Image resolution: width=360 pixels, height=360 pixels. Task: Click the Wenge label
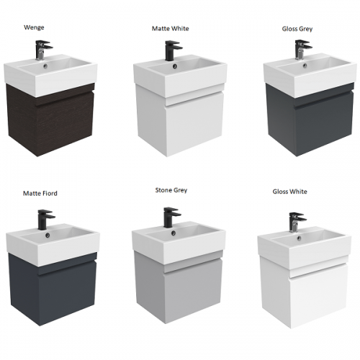click(x=34, y=27)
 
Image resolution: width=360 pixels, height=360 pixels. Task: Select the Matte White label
click(x=171, y=29)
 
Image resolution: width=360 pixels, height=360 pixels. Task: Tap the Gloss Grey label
click(x=297, y=29)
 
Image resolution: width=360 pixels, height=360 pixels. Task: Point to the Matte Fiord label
click(x=40, y=193)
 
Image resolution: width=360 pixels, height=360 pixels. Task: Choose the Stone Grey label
click(x=171, y=190)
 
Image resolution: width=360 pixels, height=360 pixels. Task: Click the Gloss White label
click(x=289, y=192)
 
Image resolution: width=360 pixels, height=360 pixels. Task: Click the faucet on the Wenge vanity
click(x=43, y=50)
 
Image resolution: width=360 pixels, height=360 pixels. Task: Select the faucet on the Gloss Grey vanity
click(x=303, y=50)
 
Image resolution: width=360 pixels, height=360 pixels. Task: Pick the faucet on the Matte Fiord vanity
click(x=46, y=220)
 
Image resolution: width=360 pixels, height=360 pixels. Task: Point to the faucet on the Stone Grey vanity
click(x=172, y=217)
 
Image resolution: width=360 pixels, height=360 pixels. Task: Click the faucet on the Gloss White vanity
click(x=297, y=222)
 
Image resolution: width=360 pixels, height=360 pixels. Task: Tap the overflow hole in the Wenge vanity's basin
click(x=45, y=65)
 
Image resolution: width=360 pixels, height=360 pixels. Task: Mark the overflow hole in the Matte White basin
click(x=176, y=66)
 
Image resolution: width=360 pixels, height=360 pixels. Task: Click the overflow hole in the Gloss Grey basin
click(x=305, y=65)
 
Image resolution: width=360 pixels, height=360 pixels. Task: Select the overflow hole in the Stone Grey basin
click(x=174, y=233)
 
